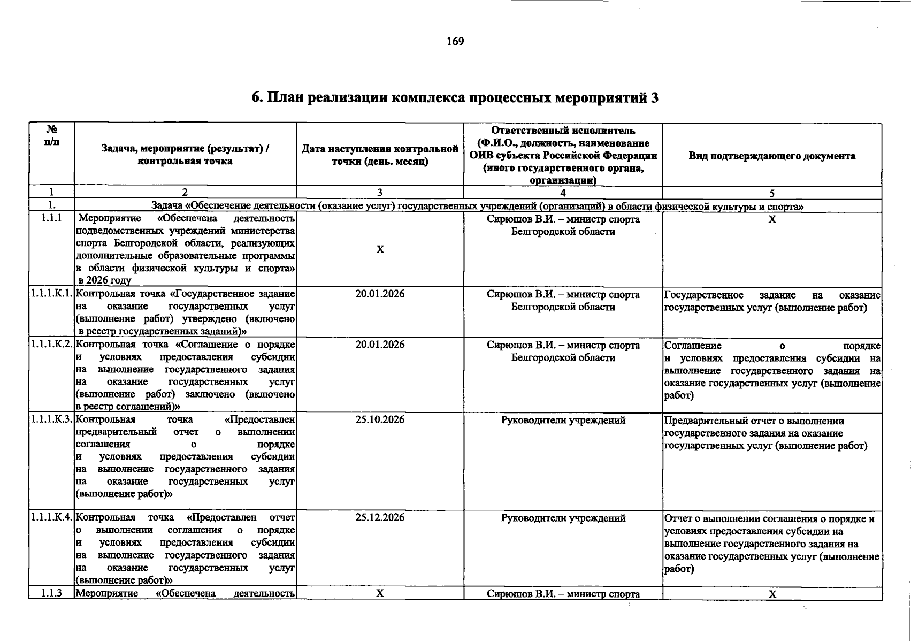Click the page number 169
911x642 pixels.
(455, 42)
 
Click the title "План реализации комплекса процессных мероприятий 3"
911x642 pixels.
(455, 98)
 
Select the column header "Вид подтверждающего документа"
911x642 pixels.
(771, 156)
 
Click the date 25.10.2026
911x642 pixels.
(380, 420)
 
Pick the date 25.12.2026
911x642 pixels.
(380, 518)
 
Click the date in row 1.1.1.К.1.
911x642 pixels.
(380, 294)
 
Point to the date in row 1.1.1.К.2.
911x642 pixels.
(380, 345)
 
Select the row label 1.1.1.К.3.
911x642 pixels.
(51, 420)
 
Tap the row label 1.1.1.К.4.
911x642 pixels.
(51, 518)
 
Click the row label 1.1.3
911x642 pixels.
(51, 593)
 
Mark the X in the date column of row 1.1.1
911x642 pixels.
(380, 250)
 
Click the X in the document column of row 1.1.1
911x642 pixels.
(772, 220)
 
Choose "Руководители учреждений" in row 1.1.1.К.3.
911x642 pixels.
(563, 421)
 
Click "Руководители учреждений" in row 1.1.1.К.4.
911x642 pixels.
(563, 518)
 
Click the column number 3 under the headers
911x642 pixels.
(380, 193)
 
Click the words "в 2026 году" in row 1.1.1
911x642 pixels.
(104, 280)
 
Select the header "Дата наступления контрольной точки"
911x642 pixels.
(380, 155)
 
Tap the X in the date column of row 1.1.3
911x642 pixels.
(380, 593)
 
